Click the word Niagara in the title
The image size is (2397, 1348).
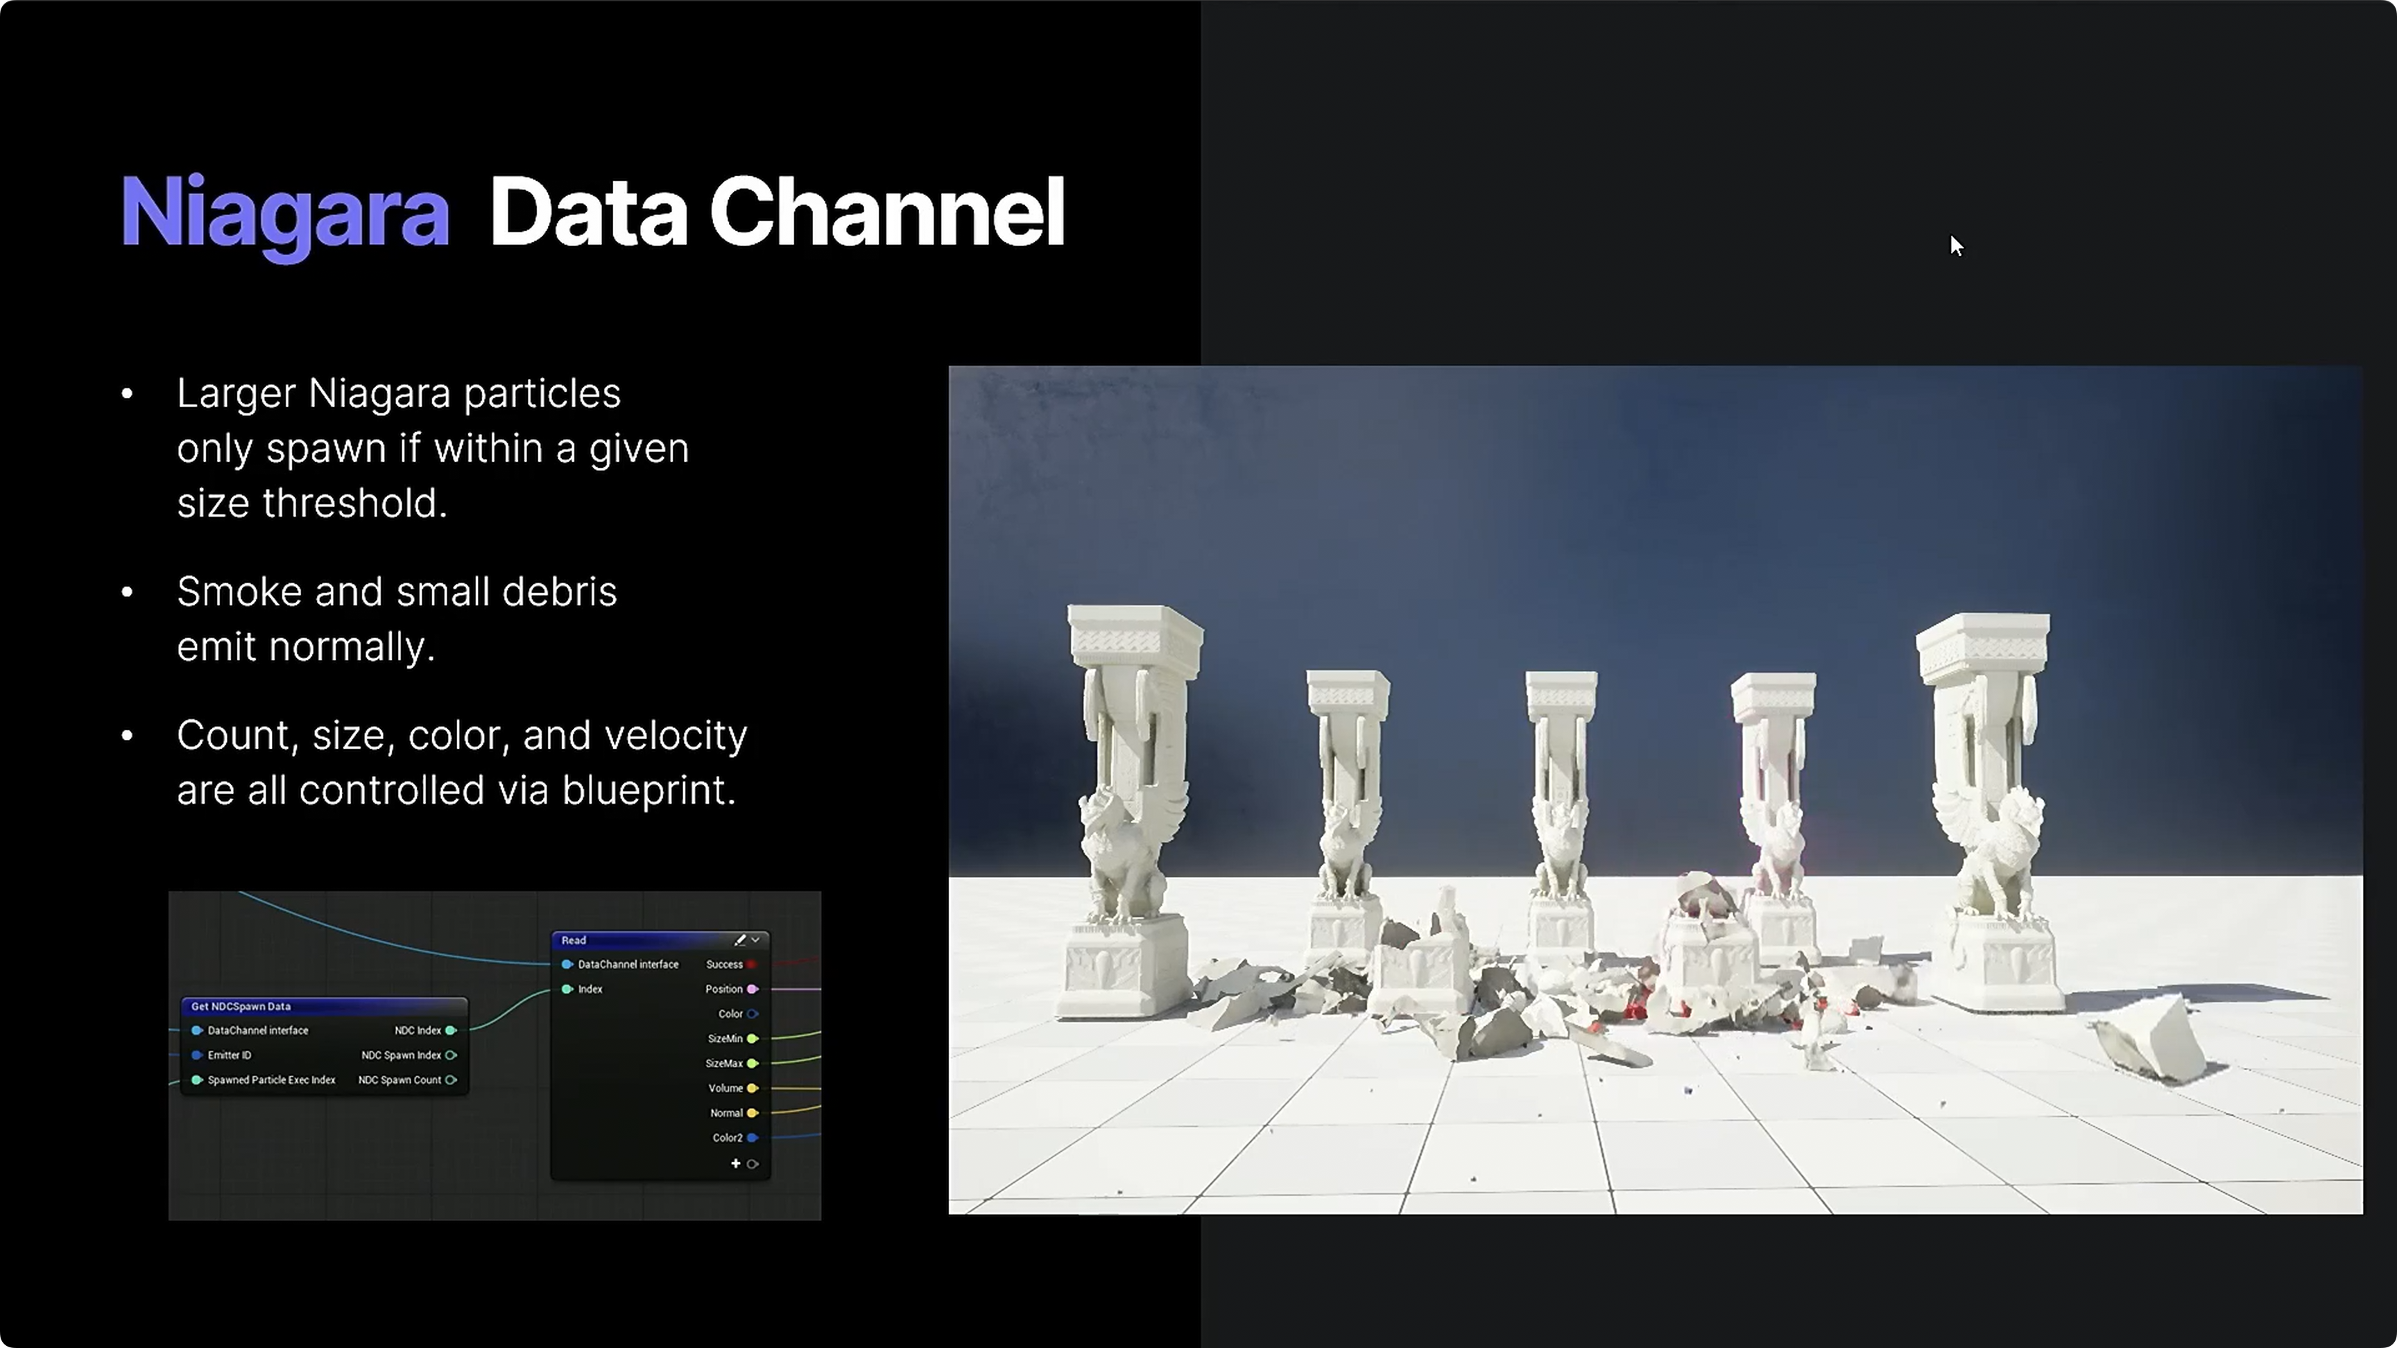click(285, 215)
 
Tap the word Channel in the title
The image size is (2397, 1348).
click(887, 212)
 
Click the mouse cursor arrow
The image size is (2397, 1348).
click(1956, 245)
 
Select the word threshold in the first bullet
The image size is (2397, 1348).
click(354, 503)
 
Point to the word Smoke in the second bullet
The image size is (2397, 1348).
click(239, 591)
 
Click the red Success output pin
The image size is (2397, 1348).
click(751, 965)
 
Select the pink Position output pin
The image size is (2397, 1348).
click(753, 989)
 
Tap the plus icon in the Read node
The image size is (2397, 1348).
click(735, 1164)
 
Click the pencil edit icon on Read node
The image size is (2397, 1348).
click(741, 940)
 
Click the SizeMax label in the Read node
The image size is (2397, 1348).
click(724, 1063)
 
